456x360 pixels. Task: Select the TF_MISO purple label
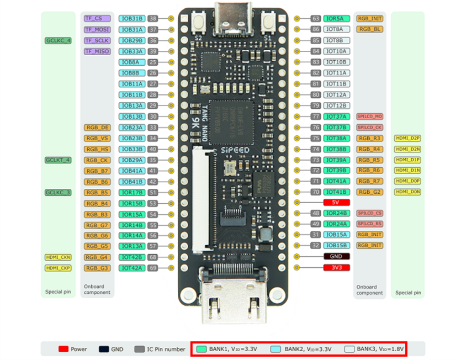pos(97,51)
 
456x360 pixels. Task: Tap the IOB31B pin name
pos(132,19)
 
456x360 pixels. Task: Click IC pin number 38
pos(153,19)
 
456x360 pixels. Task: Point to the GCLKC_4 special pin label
pos(59,41)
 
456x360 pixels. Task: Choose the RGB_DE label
pos(97,128)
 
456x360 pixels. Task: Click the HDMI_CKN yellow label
pos(59,257)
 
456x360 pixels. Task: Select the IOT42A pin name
pos(132,268)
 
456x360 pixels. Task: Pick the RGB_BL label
pos(369,29)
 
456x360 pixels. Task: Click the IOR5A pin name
pos(336,19)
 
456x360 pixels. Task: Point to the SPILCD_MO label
pos(369,117)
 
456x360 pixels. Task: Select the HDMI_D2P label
pos(408,138)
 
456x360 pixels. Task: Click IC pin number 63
pos(315,19)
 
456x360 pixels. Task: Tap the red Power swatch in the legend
pos(63,349)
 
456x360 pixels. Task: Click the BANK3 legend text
pos(380,349)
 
